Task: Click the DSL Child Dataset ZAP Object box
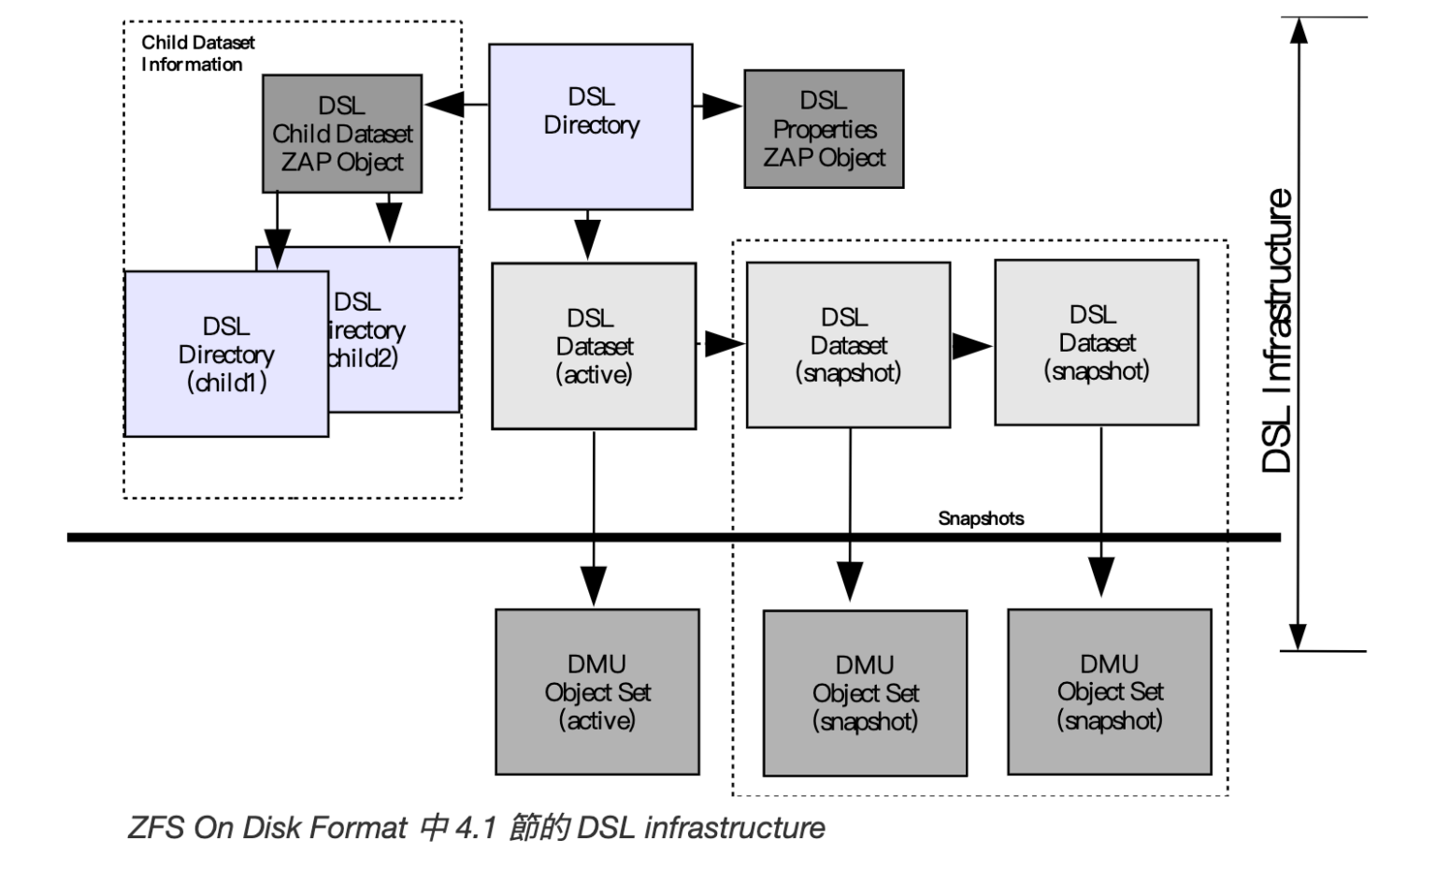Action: (x=341, y=134)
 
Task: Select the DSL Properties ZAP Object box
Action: (x=824, y=129)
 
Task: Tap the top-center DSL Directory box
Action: (x=591, y=126)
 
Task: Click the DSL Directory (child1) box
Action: (x=226, y=354)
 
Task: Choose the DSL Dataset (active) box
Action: (x=594, y=346)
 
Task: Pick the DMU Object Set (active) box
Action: (x=596, y=692)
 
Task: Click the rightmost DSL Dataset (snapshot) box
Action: (x=1096, y=342)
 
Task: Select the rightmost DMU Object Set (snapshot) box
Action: (x=1109, y=692)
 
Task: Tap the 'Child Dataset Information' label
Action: (x=197, y=53)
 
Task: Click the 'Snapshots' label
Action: (x=981, y=518)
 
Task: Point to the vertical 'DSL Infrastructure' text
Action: (x=1277, y=331)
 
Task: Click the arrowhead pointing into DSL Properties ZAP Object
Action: (x=724, y=106)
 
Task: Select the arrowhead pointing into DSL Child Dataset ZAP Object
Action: (x=444, y=105)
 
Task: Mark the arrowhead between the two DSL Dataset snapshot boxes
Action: (x=972, y=346)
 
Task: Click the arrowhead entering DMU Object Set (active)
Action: (x=594, y=586)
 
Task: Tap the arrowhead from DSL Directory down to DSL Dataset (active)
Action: (x=587, y=240)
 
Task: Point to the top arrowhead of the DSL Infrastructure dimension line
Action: (x=1298, y=30)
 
